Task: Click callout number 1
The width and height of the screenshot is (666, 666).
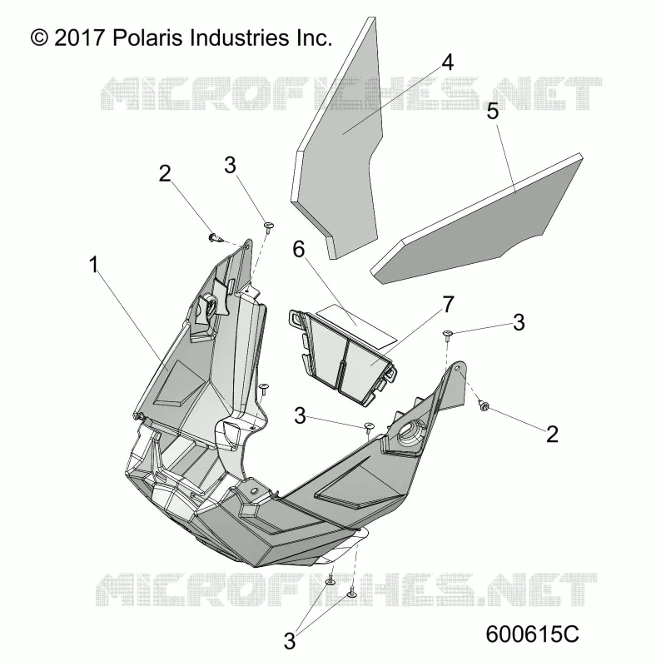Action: pos(94,265)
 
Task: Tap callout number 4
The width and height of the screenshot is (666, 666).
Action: pos(447,62)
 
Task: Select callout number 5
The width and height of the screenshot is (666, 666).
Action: pos(493,112)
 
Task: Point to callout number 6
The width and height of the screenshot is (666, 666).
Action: pos(299,249)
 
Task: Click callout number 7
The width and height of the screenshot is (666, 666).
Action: pos(449,305)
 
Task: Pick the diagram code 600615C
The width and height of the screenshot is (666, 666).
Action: pos(532,634)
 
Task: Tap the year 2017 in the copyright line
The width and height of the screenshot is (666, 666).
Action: pos(79,37)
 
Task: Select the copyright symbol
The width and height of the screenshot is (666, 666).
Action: pos(39,37)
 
